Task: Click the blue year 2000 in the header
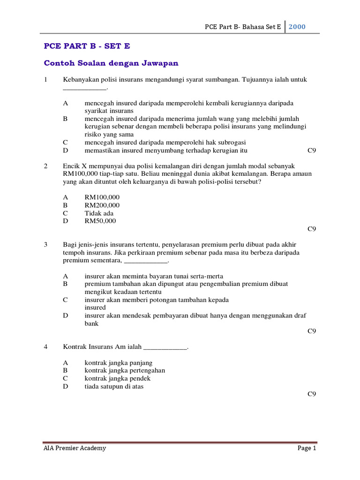(x=297, y=27)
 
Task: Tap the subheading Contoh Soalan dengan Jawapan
(x=111, y=63)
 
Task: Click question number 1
(x=45, y=80)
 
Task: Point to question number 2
(x=45, y=166)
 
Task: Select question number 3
(x=45, y=245)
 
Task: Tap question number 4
(x=45, y=347)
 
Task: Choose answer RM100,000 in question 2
(x=102, y=197)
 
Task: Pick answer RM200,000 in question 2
(x=102, y=205)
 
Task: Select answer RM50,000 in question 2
(x=100, y=221)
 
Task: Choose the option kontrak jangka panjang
(x=118, y=362)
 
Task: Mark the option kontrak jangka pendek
(x=117, y=378)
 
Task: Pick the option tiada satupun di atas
(x=114, y=386)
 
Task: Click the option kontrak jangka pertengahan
(x=125, y=370)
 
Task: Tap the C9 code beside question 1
(x=312, y=150)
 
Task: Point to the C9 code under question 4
(x=312, y=394)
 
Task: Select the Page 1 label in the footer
(x=307, y=448)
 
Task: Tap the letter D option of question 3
(x=66, y=315)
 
